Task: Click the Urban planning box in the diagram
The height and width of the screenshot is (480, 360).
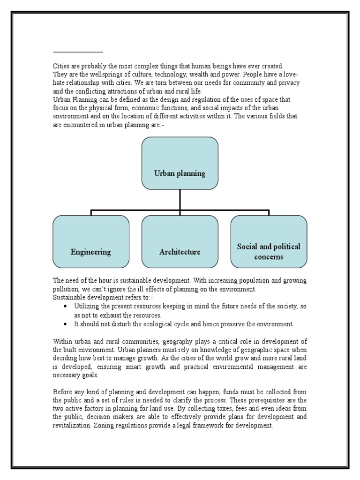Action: (x=180, y=163)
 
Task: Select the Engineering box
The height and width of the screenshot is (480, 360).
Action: (x=91, y=241)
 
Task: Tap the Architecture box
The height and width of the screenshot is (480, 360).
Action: (x=180, y=241)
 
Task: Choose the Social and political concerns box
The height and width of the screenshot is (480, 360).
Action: (x=269, y=241)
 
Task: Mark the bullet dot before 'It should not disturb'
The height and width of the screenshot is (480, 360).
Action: (x=65, y=324)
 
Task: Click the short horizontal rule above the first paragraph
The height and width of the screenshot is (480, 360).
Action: (x=78, y=52)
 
